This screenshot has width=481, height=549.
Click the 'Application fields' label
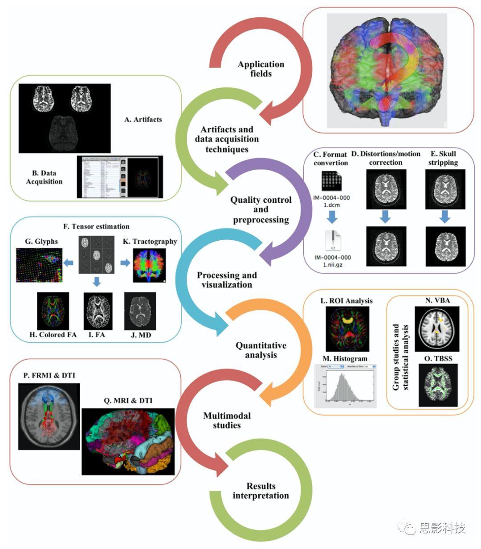[261, 69]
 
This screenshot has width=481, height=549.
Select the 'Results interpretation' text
[261, 491]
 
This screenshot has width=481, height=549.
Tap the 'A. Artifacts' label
[143, 119]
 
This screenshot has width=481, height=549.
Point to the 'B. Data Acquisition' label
[44, 177]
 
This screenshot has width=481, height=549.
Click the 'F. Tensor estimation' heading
[96, 226]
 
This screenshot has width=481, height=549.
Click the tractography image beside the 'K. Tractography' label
[149, 266]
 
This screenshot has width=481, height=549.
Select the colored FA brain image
[53, 311]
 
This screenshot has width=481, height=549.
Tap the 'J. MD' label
[141, 335]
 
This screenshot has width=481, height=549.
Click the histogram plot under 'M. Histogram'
[345, 386]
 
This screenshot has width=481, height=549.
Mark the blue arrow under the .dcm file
[332, 217]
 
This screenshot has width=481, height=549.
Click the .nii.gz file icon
[333, 242]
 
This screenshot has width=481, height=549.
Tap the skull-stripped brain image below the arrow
[445, 247]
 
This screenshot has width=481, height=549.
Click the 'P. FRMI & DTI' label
[49, 376]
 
